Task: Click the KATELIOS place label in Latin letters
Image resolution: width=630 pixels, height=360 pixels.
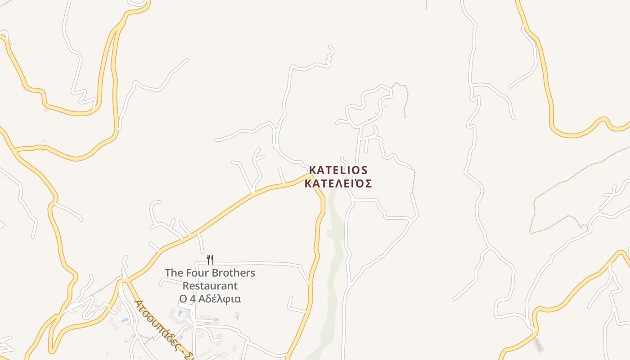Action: pyautogui.click(x=338, y=171)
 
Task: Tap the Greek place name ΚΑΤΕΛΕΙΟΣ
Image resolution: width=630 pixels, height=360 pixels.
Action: pyautogui.click(x=338, y=184)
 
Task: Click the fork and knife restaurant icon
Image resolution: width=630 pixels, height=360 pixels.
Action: pyautogui.click(x=210, y=259)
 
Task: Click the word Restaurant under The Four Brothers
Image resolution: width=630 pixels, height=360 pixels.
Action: pyautogui.click(x=210, y=286)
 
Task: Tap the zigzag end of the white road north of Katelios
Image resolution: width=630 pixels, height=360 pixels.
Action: pyautogui.click(x=331, y=54)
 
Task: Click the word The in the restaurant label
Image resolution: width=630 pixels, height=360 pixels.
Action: pyautogui.click(x=174, y=273)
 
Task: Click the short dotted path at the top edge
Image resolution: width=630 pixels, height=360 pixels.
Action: pyautogui.click(x=426, y=4)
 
